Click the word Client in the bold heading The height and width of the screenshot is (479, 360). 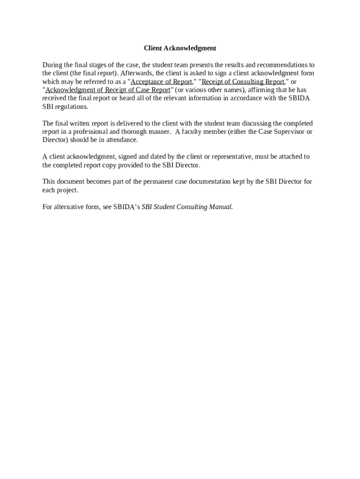click(x=152, y=48)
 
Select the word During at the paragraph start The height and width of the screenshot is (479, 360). click(x=52, y=65)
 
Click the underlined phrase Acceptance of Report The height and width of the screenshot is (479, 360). click(x=161, y=81)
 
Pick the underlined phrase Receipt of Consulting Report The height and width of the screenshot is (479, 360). click(x=243, y=81)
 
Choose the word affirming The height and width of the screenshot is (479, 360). click(x=261, y=90)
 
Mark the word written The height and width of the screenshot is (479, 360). click(x=78, y=123)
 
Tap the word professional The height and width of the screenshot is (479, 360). click(x=90, y=131)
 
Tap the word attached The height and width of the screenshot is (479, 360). click(x=289, y=157)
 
